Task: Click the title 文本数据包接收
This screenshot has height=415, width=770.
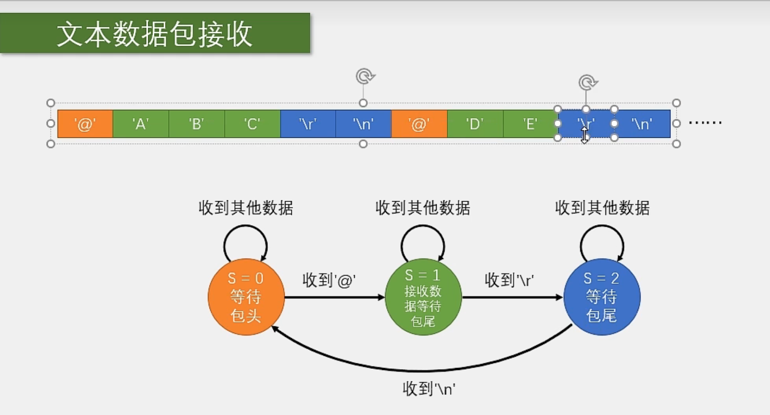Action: (x=155, y=34)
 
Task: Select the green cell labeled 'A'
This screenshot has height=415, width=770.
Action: (x=141, y=124)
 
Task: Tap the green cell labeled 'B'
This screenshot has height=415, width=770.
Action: (x=196, y=124)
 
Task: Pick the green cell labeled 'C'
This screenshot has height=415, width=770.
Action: (x=252, y=124)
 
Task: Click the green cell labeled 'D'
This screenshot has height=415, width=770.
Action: (x=475, y=124)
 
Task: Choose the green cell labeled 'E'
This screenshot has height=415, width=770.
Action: (x=530, y=124)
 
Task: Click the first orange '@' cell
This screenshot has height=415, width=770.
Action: (x=85, y=124)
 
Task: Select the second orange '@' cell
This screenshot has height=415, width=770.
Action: (x=419, y=124)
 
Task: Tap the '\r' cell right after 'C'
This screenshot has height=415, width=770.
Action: (x=308, y=124)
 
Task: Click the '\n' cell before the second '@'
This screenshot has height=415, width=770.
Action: (x=364, y=124)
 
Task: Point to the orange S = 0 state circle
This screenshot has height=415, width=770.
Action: (x=246, y=297)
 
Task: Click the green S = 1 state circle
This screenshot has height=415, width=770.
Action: (x=423, y=297)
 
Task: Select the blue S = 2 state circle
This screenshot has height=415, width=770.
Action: (x=602, y=297)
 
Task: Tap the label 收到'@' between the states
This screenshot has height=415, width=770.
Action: (x=329, y=280)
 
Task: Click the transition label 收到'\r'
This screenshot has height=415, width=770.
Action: (x=509, y=280)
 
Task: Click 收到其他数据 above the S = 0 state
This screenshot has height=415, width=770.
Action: (x=246, y=208)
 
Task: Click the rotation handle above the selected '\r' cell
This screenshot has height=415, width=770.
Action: (x=587, y=82)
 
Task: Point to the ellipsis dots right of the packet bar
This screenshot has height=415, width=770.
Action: (x=705, y=123)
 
